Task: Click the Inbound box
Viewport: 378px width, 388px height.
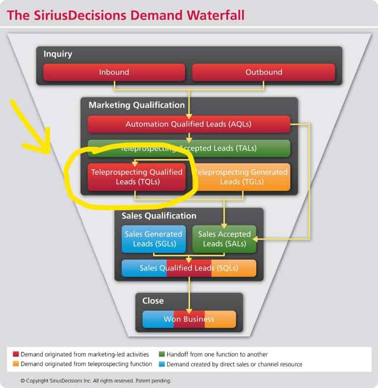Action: tap(114, 72)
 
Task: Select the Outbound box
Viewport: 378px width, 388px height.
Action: tap(264, 72)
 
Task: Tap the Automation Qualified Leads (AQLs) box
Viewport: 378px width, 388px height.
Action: tap(189, 124)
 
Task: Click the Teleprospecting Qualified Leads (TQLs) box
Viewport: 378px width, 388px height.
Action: tap(136, 177)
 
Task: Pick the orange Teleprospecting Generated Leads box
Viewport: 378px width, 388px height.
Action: tap(243, 177)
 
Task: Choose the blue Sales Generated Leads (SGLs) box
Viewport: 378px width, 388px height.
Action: tap(154, 239)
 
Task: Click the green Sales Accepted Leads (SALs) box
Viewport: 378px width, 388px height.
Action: tap(224, 239)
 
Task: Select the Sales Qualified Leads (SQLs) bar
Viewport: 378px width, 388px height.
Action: tap(189, 268)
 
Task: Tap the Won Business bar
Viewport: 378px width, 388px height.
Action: tap(189, 319)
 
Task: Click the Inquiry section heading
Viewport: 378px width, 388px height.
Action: tap(58, 54)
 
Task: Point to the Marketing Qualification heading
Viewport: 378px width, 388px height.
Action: tap(136, 105)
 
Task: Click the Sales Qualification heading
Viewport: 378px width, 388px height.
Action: tap(159, 216)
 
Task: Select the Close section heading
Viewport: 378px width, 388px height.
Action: tap(153, 301)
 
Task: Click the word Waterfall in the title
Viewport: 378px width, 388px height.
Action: tap(216, 15)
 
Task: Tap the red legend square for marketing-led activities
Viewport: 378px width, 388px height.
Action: tap(16, 354)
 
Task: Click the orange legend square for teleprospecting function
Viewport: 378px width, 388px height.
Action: tap(16, 364)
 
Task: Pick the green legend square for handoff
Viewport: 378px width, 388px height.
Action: tap(162, 354)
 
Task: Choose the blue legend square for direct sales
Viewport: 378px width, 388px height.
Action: tap(162, 364)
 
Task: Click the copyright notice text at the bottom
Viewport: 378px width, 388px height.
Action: tap(95, 381)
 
